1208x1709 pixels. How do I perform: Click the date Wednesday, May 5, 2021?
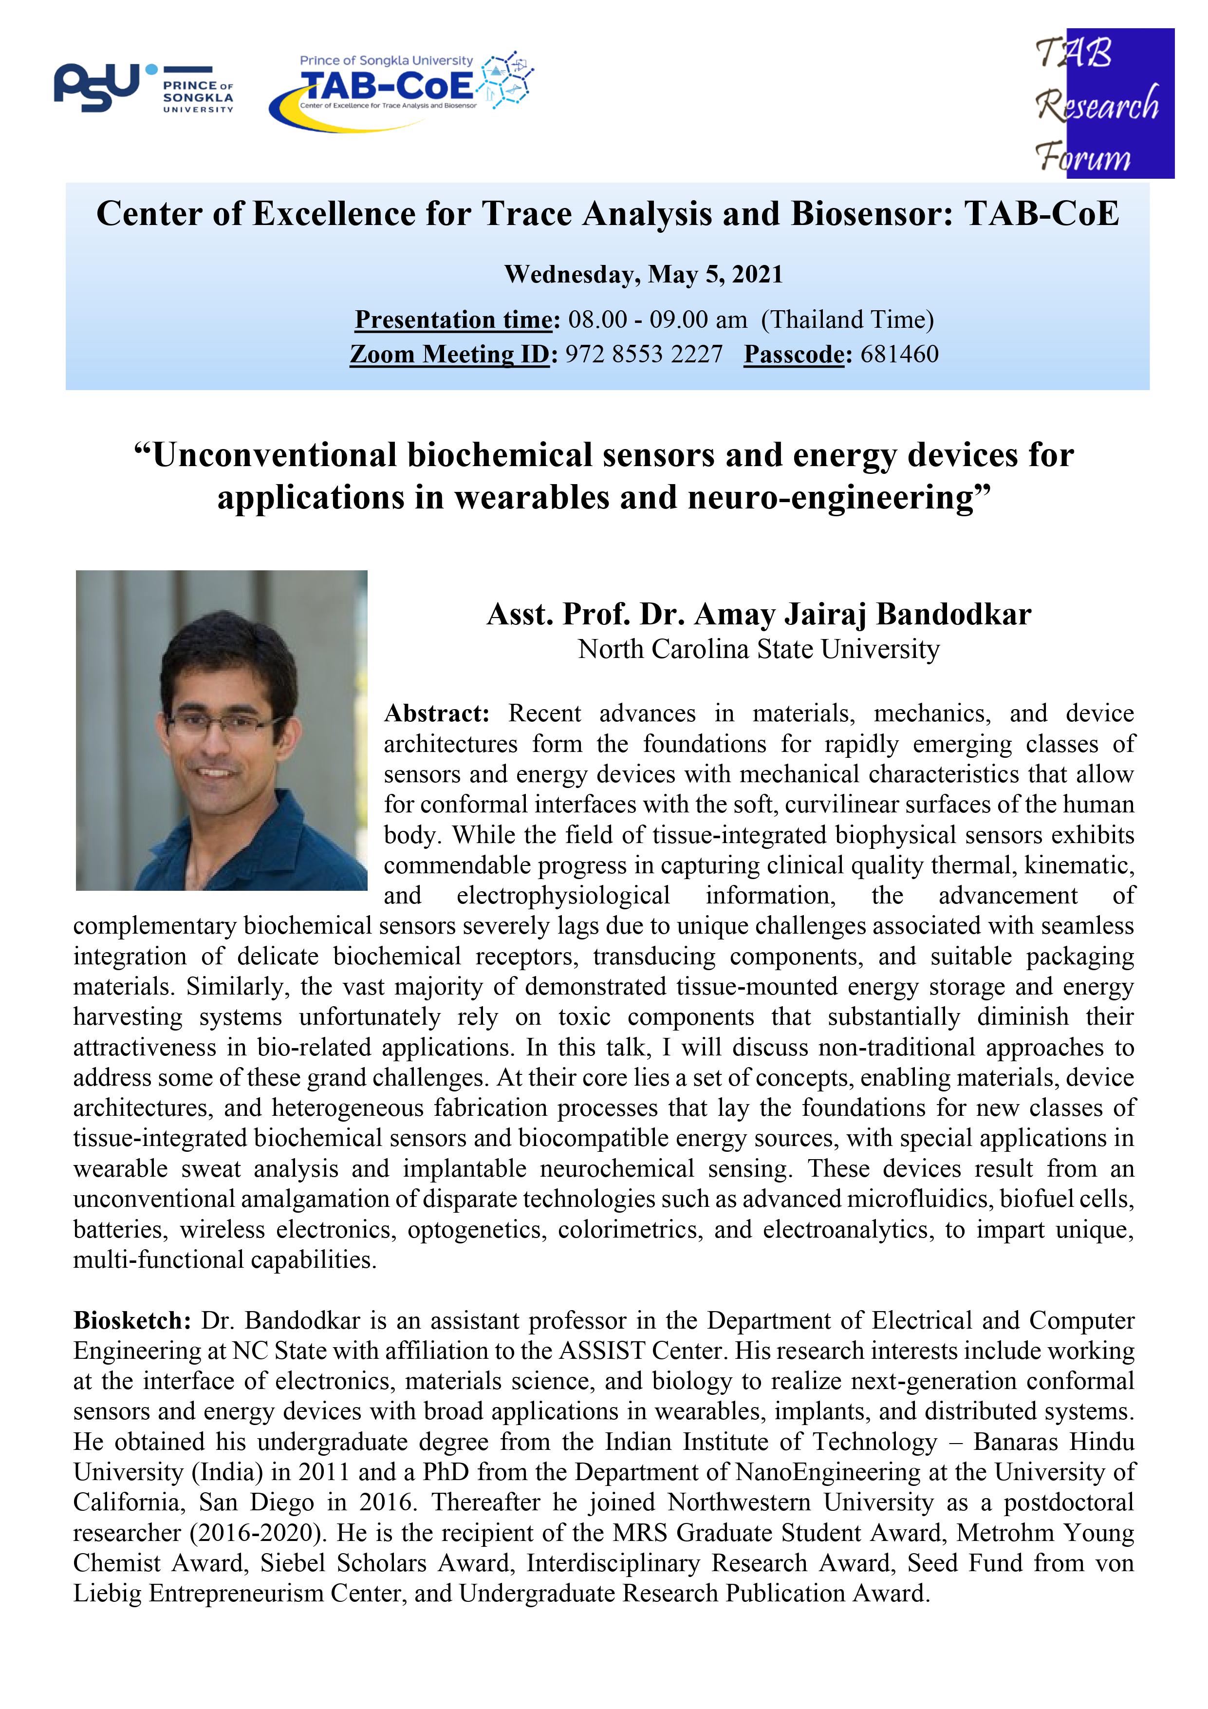[643, 275]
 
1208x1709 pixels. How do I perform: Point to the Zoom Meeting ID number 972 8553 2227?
[643, 354]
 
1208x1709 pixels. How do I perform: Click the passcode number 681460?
[899, 354]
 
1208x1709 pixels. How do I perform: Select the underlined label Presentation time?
[456, 320]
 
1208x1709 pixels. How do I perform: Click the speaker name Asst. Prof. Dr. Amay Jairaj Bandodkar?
[759, 615]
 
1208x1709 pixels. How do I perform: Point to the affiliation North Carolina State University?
[759, 650]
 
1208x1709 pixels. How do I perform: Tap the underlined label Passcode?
[794, 354]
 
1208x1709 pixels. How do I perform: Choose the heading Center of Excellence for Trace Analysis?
[607, 214]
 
